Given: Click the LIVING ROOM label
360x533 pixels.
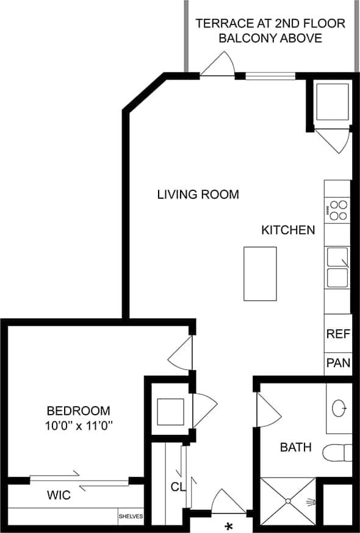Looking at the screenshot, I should pyautogui.click(x=198, y=195).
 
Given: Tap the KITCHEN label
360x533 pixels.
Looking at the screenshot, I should pyautogui.click(x=288, y=231).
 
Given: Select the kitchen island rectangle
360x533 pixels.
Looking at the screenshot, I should pyautogui.click(x=260, y=273).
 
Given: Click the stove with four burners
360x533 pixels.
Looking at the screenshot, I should pyautogui.click(x=337, y=210).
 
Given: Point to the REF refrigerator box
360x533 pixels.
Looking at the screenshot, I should pyautogui.click(x=337, y=334).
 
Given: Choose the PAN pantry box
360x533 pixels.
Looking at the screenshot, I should pyautogui.click(x=337, y=363).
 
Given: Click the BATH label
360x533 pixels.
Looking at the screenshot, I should pyautogui.click(x=295, y=448).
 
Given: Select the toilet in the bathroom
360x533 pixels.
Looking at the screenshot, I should pyautogui.click(x=338, y=453).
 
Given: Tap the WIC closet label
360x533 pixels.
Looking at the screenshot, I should pyautogui.click(x=59, y=496).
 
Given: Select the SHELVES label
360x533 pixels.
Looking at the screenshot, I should pyautogui.click(x=131, y=517).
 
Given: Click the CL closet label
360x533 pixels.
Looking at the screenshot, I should pyautogui.click(x=178, y=487).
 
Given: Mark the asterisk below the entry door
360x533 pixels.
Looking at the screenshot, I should pyautogui.click(x=229, y=526).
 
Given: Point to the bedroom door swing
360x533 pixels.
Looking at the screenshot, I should pyautogui.click(x=181, y=354).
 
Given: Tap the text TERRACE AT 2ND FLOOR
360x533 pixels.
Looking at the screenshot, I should pyautogui.click(x=270, y=24).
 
